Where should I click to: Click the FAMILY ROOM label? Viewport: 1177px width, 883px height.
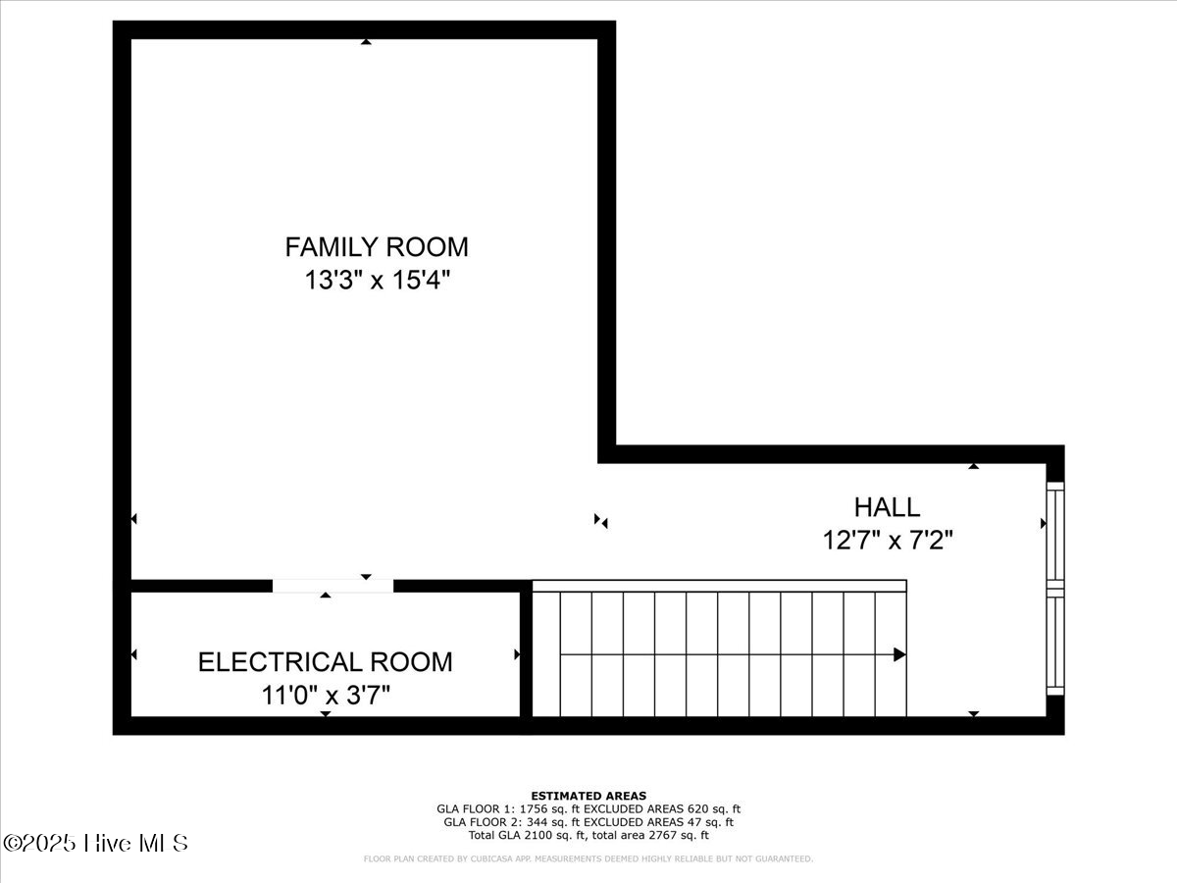pyautogui.click(x=377, y=246)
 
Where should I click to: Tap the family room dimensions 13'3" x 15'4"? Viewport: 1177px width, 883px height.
pyautogui.click(x=378, y=281)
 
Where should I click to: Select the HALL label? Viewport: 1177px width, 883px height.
pyautogui.click(x=887, y=507)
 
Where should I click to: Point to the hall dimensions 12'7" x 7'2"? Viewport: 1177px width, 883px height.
pyautogui.click(x=888, y=539)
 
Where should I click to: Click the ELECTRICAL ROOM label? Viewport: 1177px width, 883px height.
pyautogui.click(x=326, y=662)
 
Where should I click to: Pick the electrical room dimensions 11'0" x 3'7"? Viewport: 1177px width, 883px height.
pyautogui.click(x=326, y=696)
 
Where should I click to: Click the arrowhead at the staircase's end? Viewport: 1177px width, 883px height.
pyautogui.click(x=899, y=654)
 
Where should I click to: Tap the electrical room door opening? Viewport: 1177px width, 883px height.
pyautogui.click(x=333, y=586)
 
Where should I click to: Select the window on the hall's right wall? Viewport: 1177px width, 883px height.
pyautogui.click(x=1055, y=588)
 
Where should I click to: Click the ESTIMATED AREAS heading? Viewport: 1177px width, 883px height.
pyautogui.click(x=588, y=796)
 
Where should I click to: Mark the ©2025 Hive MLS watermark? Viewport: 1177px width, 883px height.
pyautogui.click(x=95, y=843)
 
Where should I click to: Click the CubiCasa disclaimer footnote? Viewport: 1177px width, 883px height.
pyautogui.click(x=588, y=859)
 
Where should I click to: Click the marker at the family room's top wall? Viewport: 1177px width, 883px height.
pyautogui.click(x=366, y=41)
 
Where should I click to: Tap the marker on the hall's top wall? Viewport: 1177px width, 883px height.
pyautogui.click(x=974, y=466)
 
